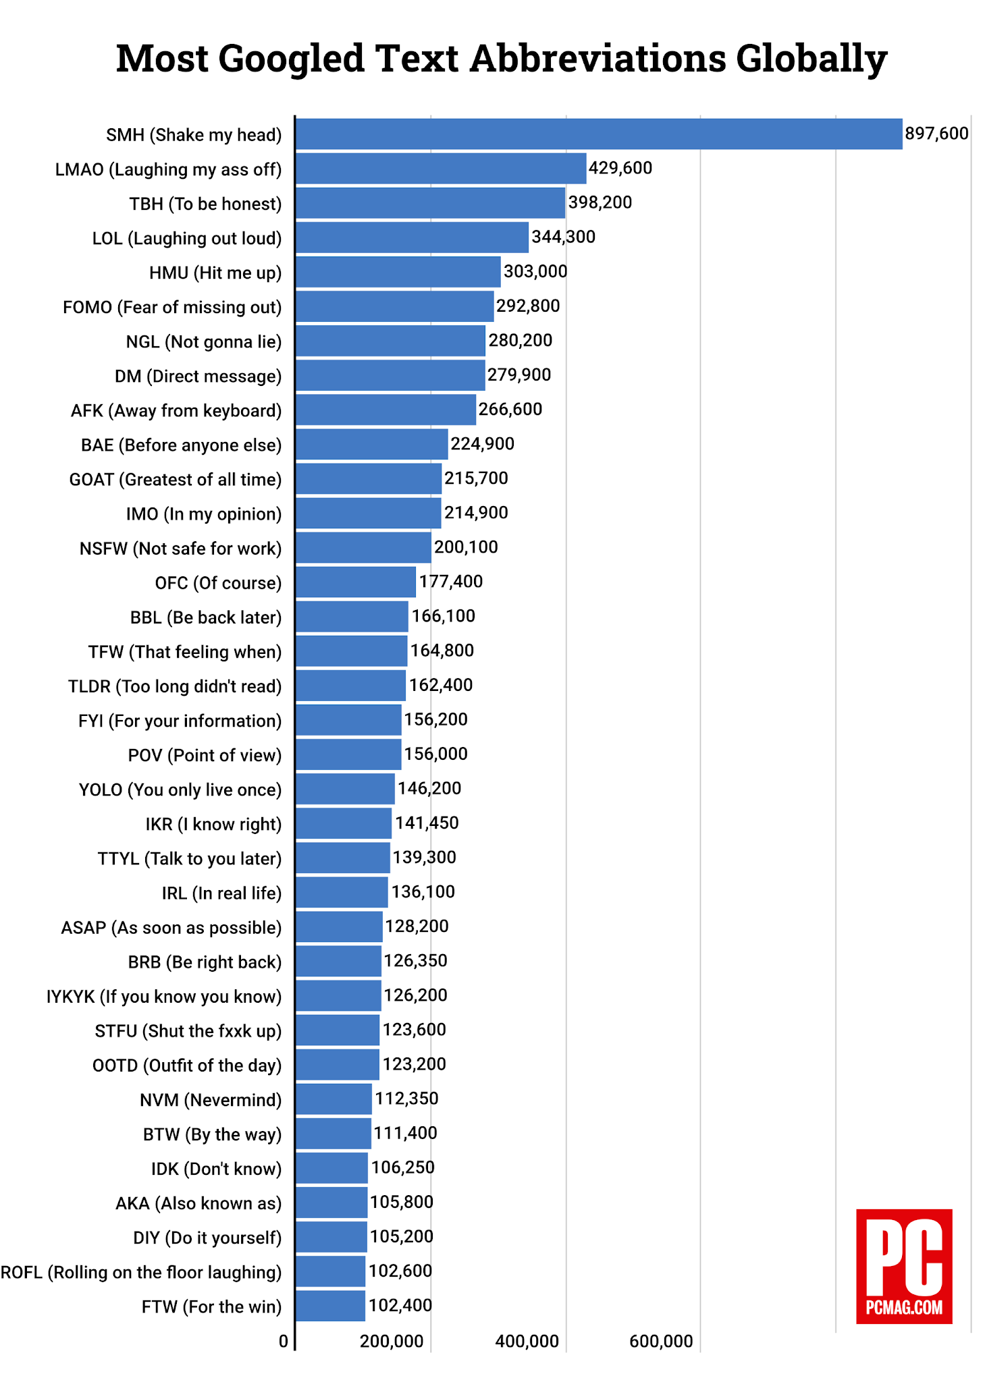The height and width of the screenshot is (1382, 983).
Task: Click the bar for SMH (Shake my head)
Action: [x=599, y=134]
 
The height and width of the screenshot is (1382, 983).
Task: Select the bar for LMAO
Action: [x=441, y=168]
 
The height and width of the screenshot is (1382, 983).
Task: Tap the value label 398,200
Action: [x=600, y=202]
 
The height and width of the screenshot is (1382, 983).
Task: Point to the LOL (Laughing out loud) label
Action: [x=187, y=238]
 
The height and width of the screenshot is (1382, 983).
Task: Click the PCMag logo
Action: [x=904, y=1266]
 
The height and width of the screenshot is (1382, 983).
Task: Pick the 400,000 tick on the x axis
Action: [x=527, y=1341]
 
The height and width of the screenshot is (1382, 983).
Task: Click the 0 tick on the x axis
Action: [x=284, y=1341]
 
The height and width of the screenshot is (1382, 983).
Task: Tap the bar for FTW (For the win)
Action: [x=330, y=1306]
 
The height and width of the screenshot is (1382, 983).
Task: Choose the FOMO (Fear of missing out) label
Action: [x=172, y=307]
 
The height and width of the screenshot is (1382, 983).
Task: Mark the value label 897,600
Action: [x=936, y=134]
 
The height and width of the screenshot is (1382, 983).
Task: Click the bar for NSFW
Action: [x=363, y=547]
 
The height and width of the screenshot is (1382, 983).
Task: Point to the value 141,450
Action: [x=427, y=823]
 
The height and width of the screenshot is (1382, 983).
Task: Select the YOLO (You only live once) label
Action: [x=180, y=790]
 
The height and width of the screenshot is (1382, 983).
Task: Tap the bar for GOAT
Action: [x=369, y=478]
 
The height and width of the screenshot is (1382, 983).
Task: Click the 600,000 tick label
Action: [x=661, y=1341]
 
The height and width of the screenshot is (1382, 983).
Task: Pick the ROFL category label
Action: [x=141, y=1272]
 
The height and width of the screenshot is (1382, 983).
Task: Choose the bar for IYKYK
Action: [x=338, y=995]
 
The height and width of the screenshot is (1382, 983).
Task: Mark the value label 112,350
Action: [x=406, y=1099]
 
